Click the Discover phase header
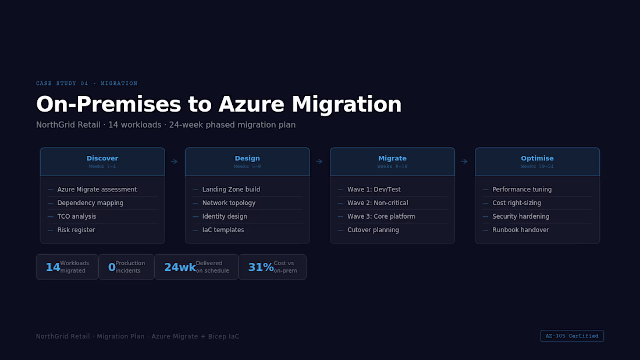102,159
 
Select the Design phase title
247,158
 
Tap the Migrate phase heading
392,158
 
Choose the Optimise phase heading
537,158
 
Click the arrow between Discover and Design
175,162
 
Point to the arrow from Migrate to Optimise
464,162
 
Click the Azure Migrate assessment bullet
97,190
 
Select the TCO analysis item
76,216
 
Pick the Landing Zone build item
231,190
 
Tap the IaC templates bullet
223,230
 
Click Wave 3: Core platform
381,216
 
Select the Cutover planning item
373,230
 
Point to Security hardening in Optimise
520,216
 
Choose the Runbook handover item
520,230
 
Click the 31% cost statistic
261,268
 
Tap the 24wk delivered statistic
180,268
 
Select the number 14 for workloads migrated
52,268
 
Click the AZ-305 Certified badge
572,336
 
